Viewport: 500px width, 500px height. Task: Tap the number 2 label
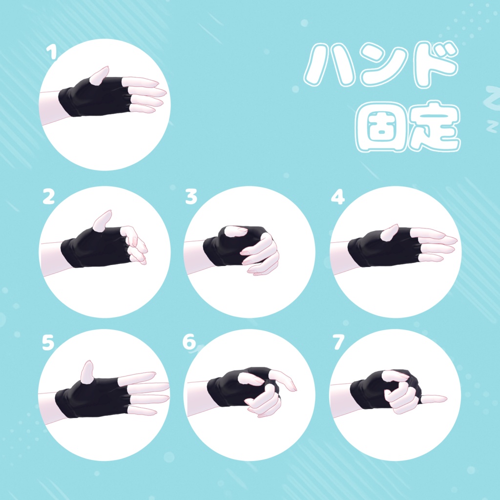pos(48,197)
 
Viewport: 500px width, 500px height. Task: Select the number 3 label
pos(191,197)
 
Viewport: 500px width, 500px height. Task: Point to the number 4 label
pos(337,197)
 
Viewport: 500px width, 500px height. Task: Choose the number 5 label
pos(47,343)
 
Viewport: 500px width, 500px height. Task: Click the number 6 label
pos(189,343)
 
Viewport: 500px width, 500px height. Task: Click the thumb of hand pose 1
pos(100,75)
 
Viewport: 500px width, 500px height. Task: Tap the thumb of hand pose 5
pos(87,372)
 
